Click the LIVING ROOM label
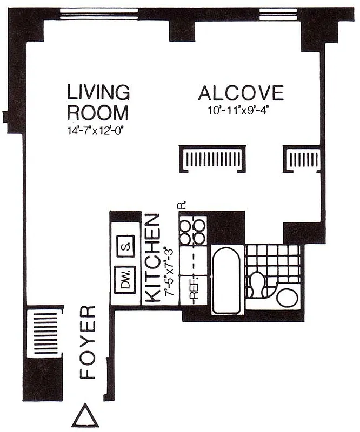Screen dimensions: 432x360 pos(98,102)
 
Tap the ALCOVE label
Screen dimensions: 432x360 pos(241,93)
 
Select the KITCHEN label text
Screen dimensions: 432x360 pos(154,257)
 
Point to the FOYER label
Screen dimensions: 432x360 pos(88,342)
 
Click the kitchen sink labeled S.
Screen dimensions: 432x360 pos(125,247)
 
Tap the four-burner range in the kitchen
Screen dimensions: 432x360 pos(194,231)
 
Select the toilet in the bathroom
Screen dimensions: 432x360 pos(257,283)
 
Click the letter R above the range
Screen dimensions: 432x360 pos(182,205)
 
